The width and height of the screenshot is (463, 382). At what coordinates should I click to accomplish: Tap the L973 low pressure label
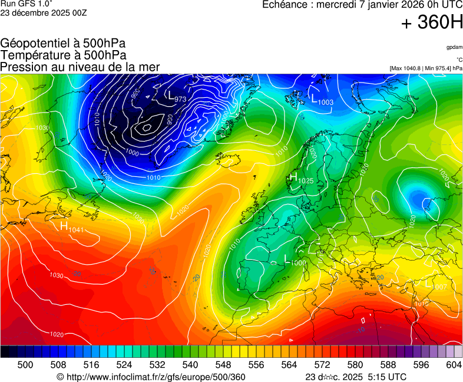[175, 96]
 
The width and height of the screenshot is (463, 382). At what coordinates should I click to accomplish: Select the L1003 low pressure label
[322, 100]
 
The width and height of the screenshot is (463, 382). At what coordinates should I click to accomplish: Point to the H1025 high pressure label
[302, 178]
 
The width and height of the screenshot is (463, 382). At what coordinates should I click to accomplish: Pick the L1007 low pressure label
[436, 285]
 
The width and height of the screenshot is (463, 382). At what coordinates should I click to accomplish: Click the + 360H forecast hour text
[432, 22]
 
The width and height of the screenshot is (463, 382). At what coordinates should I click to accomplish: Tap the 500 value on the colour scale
[25, 365]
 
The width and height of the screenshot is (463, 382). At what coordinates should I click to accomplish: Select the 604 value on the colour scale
[454, 365]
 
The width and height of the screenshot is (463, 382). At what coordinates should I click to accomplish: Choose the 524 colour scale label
[124, 365]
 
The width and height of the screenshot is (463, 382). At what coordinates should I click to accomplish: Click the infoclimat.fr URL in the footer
[151, 377]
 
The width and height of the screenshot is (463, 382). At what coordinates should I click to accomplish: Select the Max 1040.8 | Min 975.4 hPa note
[426, 68]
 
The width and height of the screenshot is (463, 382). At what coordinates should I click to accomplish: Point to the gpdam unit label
[454, 47]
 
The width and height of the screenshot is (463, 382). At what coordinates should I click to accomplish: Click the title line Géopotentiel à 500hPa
[63, 43]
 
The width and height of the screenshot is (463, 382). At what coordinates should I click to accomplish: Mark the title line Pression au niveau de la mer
[80, 67]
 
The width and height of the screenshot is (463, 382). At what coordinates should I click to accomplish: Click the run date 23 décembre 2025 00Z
[44, 13]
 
